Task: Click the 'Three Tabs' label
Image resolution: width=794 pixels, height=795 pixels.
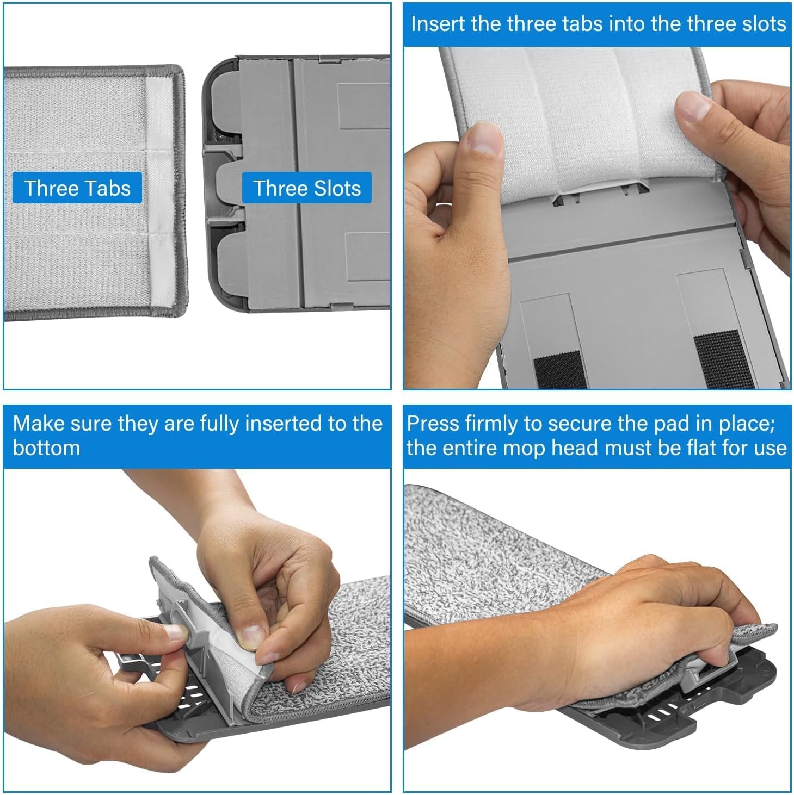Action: click(x=77, y=188)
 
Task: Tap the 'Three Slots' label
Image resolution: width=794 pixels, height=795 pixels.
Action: click(x=307, y=188)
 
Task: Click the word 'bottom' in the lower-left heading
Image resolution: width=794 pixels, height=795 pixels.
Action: click(x=46, y=448)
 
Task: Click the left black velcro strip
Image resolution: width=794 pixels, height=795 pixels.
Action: click(x=560, y=370)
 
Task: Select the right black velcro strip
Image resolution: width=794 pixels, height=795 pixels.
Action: click(x=723, y=358)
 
